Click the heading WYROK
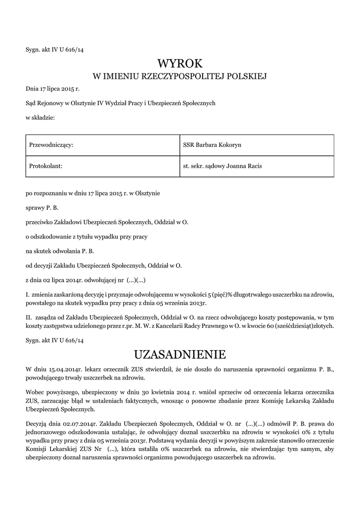click(x=180, y=63)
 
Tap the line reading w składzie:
click(x=40, y=117)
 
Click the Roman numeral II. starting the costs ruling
click(x=29, y=316)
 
